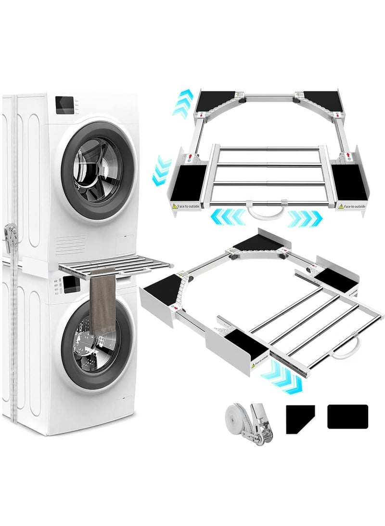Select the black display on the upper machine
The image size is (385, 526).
64,105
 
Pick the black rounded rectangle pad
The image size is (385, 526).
347,417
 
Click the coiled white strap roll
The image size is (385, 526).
235,415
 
